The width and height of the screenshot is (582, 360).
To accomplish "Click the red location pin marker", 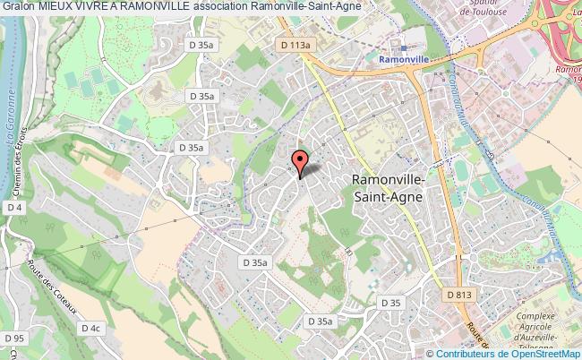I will click(300, 161).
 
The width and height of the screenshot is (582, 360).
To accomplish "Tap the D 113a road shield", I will click(295, 44).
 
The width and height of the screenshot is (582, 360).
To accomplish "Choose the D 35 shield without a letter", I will click(389, 303).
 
